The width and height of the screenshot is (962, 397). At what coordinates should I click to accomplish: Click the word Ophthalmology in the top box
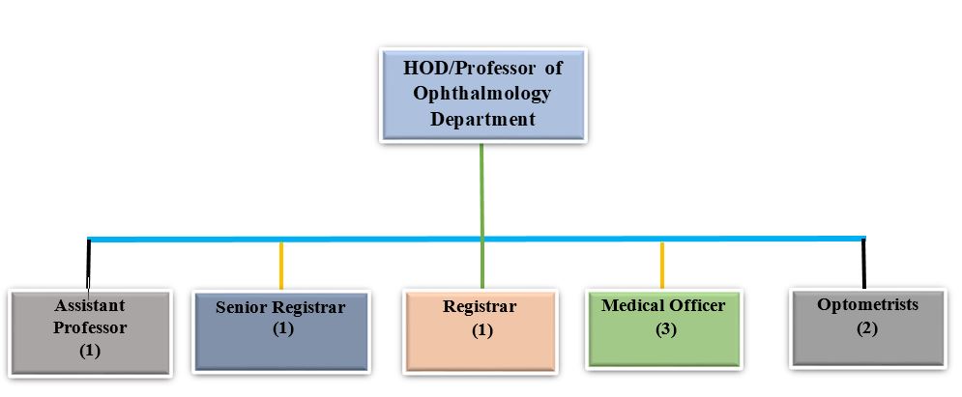(481, 93)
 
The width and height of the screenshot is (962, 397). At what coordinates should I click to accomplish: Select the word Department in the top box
(482, 118)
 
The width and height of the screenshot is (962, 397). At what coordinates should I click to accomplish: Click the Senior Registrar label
(280, 307)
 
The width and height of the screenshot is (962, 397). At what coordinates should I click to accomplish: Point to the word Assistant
(90, 305)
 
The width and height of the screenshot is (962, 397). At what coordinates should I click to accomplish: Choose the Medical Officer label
(663, 305)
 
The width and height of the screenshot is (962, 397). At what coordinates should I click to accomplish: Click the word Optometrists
(867, 304)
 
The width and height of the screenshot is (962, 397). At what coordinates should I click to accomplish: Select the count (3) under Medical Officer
(664, 329)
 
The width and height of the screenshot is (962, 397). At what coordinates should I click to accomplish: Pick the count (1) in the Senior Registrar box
(283, 328)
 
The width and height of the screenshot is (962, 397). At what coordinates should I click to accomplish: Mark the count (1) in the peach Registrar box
(481, 330)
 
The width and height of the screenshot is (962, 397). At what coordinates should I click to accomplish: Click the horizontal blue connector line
(477, 239)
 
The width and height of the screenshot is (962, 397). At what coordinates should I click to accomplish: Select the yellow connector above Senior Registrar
(281, 266)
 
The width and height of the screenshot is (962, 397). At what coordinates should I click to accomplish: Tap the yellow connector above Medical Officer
(662, 265)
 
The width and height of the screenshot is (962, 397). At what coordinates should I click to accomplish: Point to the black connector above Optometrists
(863, 264)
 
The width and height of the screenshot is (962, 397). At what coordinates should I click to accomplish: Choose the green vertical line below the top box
(481, 215)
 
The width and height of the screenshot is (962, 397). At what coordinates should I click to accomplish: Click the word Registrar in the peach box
(480, 305)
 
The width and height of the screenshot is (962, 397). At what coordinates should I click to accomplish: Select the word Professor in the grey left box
(90, 327)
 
